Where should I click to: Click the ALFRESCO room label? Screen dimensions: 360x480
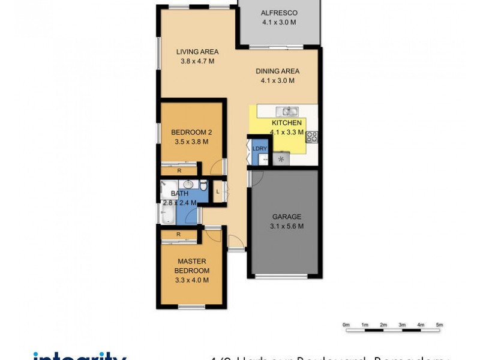(279, 13)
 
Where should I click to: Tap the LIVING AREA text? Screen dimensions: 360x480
(197, 52)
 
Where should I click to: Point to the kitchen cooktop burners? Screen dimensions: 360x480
(312, 136)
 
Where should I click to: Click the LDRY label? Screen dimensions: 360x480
(259, 148)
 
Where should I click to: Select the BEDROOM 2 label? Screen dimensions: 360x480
(191, 133)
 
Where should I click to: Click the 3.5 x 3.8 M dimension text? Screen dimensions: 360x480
(191, 142)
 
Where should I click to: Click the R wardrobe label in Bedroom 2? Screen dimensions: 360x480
(179, 171)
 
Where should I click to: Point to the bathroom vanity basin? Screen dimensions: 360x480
(188, 185)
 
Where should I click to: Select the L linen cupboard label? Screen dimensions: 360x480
(218, 191)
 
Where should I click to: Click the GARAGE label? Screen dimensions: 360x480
(286, 217)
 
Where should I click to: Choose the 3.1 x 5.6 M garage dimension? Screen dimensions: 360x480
(286, 226)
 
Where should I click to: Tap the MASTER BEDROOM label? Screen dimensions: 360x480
(191, 266)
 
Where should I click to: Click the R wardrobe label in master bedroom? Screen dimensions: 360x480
(179, 235)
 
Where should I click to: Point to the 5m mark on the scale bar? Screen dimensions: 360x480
(440, 325)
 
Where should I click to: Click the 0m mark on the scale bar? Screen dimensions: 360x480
(346, 325)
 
